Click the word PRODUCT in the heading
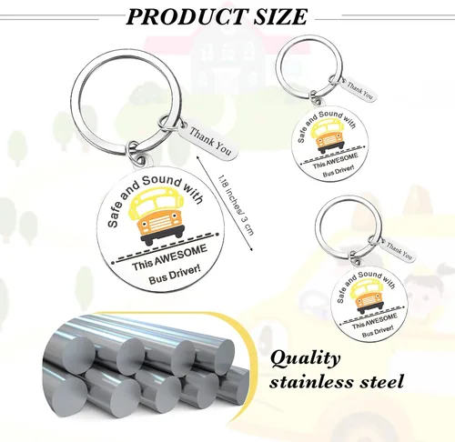point(186,16)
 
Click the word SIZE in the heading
point(280,16)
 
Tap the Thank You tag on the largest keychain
point(208,141)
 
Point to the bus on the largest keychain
point(157,216)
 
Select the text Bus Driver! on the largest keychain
point(175,276)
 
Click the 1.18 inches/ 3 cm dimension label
point(236,205)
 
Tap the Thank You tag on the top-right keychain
point(359,89)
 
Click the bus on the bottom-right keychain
point(366,296)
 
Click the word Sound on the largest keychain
point(161,180)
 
